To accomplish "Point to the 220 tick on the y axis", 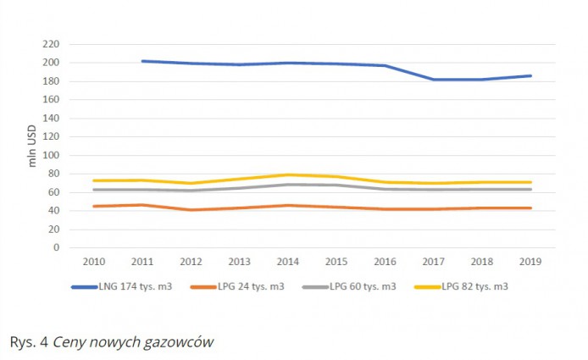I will point(52,44).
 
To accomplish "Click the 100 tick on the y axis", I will point(52,155).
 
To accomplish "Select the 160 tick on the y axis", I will point(52,100).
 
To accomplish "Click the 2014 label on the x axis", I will point(289,263).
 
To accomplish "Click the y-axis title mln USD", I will point(34,146).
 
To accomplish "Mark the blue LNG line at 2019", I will point(531,75).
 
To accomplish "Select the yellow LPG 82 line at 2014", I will point(289,174).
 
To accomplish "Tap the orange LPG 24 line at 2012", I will point(191,210).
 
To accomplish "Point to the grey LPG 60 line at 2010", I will point(93,190).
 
